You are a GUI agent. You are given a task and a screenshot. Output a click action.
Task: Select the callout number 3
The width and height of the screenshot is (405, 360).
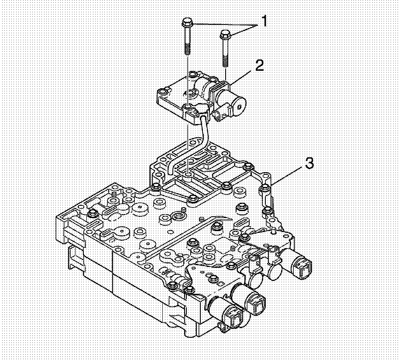point(309,163)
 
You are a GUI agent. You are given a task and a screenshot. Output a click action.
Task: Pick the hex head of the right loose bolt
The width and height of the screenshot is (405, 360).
point(225,34)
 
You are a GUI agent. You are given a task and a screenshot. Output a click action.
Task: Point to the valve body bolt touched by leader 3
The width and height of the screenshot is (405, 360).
point(264,189)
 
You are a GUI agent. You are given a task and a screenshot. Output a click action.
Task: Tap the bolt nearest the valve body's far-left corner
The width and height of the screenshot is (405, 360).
point(92,213)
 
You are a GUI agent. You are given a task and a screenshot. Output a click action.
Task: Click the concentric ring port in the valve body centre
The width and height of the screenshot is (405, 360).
point(178,217)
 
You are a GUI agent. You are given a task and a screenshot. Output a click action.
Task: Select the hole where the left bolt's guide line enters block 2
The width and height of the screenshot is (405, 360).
point(187,107)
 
